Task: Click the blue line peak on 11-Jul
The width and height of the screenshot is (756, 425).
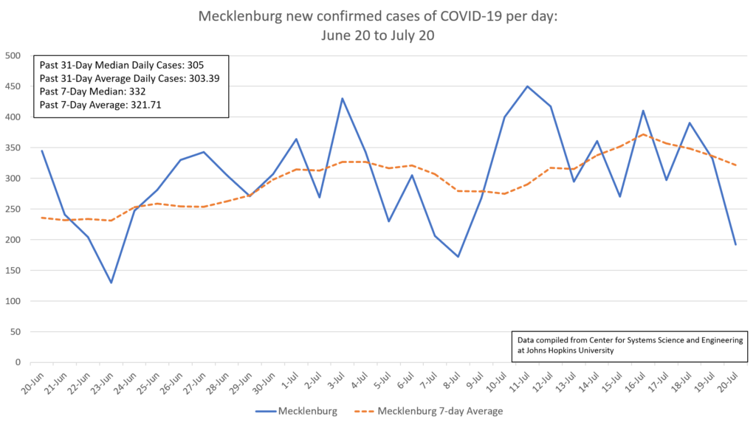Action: point(527,86)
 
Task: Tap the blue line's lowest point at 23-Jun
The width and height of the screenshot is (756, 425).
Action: point(111,283)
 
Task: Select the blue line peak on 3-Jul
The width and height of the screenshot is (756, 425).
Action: point(343,99)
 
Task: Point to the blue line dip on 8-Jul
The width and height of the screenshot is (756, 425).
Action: point(458,257)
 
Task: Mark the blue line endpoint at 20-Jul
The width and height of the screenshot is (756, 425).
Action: point(735,244)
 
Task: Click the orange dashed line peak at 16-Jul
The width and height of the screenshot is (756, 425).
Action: point(643,134)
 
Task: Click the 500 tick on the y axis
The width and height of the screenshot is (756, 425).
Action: point(12,55)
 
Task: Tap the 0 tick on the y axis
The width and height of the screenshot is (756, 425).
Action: point(17,362)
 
